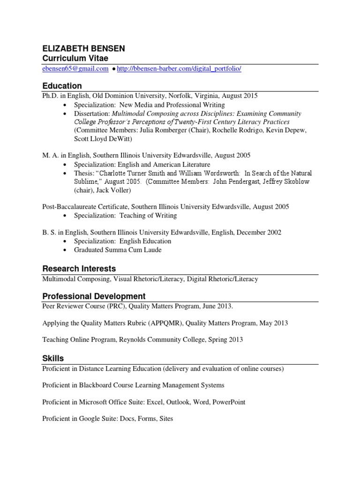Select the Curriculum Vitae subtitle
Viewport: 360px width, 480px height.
coord(75,58)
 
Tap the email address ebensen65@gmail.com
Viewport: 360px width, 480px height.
coord(75,69)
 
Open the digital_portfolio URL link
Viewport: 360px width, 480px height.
coord(179,69)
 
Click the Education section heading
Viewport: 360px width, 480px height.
coord(62,86)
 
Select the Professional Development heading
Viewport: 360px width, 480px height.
coord(94,296)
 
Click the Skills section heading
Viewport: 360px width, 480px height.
coord(53,358)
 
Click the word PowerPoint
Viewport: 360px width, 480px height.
coord(229,402)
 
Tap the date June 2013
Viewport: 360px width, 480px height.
coord(216,306)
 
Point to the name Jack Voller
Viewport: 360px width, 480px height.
coord(113,190)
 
